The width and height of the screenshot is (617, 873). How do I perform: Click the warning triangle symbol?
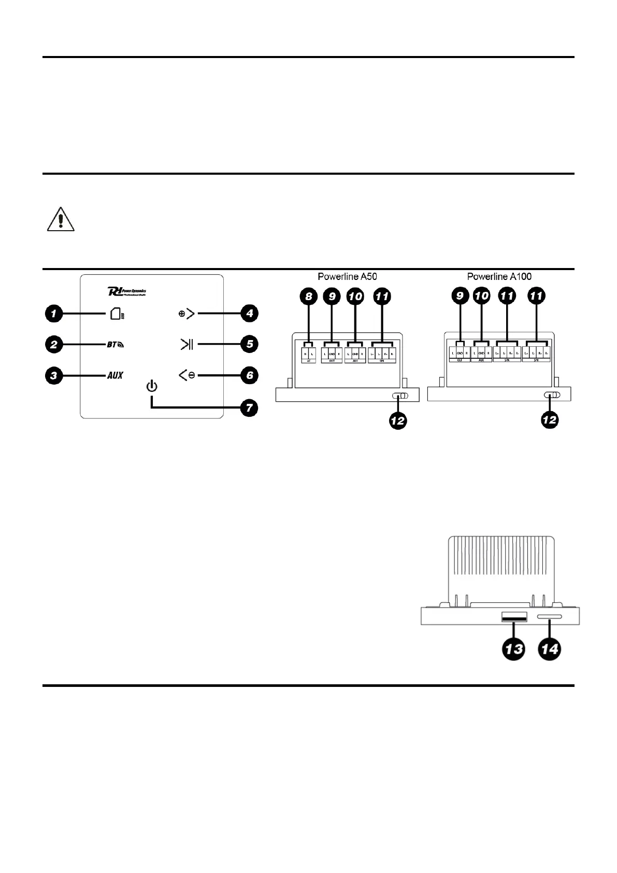tap(61, 220)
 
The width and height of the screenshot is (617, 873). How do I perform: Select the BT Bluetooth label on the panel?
tap(116, 344)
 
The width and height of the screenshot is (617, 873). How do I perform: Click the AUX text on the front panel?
tap(115, 375)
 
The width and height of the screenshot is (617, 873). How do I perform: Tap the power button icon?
tap(152, 387)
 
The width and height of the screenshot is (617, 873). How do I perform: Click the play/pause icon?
tap(186, 344)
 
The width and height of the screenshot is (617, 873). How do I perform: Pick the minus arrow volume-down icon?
tap(187, 375)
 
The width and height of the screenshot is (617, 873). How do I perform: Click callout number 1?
tap(54, 314)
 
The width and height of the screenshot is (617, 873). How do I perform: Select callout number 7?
tap(249, 408)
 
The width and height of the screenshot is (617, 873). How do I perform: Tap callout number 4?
tap(249, 314)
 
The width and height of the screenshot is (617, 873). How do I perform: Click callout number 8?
tap(308, 297)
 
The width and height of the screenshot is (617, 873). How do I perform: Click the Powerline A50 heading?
tap(347, 277)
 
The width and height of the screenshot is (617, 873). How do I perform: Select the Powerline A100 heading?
tap(499, 277)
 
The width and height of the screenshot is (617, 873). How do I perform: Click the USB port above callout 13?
tap(514, 617)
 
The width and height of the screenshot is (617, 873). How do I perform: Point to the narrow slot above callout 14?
tap(550, 617)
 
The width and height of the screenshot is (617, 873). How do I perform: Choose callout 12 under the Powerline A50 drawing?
tap(397, 421)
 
